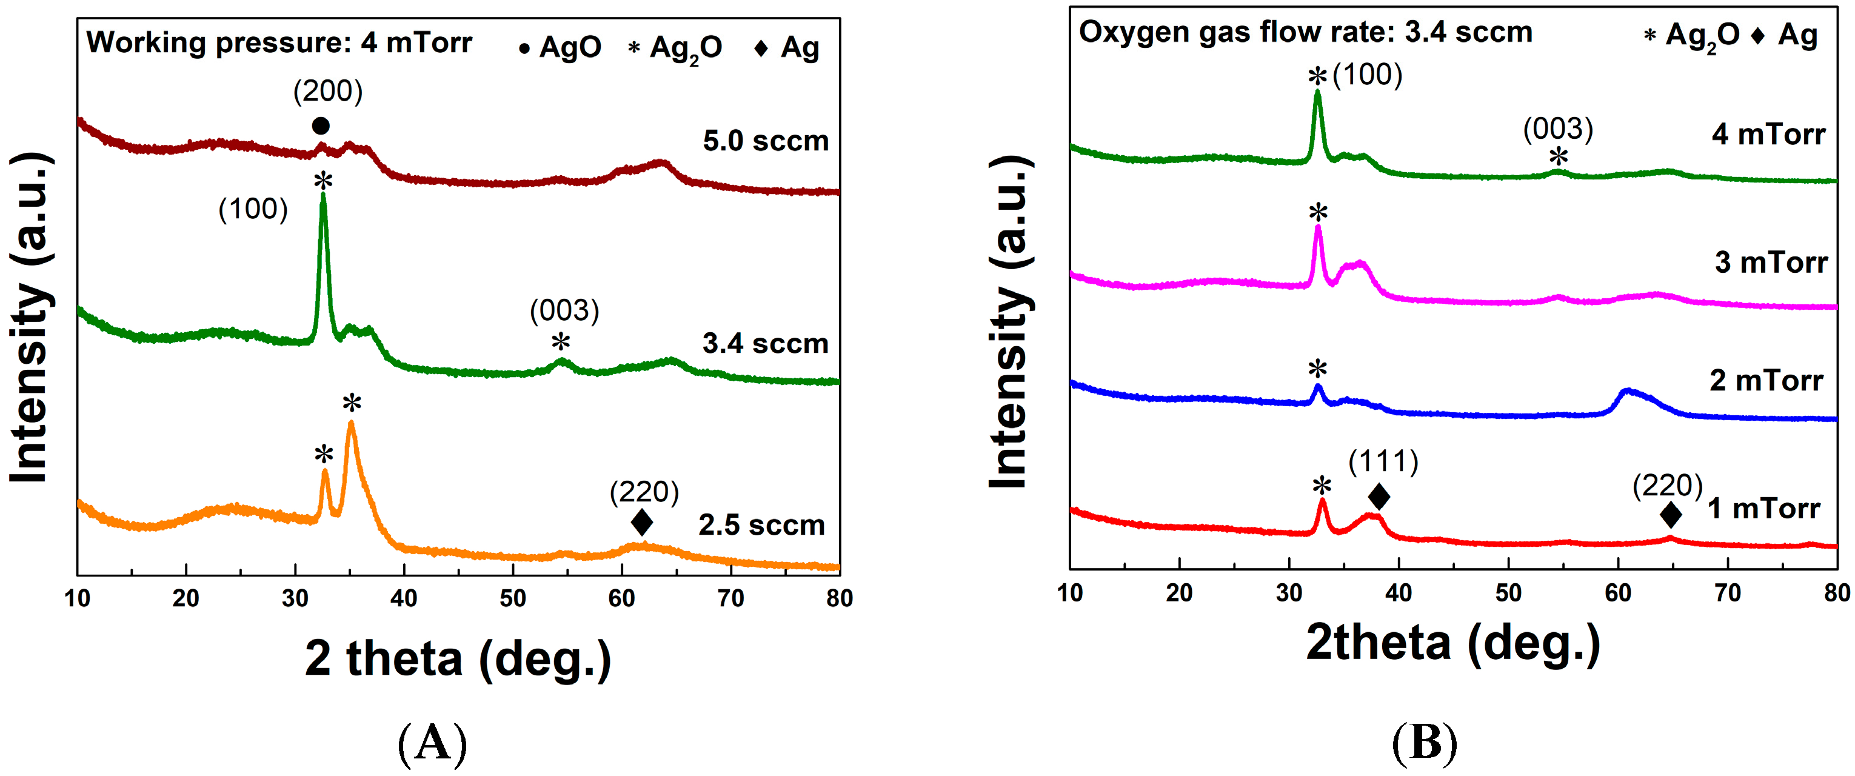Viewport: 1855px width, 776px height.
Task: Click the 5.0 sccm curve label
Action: coord(765,141)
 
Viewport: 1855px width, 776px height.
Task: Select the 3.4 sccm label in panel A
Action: coord(765,344)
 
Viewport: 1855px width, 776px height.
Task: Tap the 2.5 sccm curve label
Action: coord(761,526)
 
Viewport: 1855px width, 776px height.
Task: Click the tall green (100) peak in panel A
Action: coord(323,209)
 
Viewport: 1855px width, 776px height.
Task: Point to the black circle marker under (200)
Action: coord(321,126)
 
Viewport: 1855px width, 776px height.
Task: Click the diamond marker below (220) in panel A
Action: coord(641,522)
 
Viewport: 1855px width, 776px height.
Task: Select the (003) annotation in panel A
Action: coord(564,311)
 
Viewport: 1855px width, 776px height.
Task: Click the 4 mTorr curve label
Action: coord(1768,135)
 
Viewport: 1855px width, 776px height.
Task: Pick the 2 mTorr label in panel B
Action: coord(1766,381)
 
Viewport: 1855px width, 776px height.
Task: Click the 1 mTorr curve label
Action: coord(1763,509)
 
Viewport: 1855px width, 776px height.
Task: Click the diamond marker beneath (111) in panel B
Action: coord(1379,496)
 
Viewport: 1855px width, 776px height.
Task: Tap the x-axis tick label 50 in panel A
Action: coord(513,599)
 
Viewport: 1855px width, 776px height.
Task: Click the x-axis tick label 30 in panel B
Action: coord(1289,593)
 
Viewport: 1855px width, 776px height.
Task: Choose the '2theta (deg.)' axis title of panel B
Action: coord(1453,643)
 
